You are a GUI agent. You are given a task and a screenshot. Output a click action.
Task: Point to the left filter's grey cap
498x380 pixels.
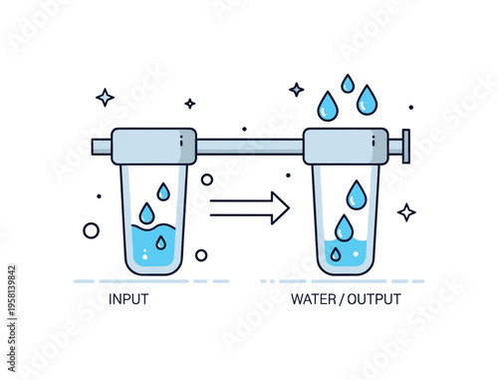153,147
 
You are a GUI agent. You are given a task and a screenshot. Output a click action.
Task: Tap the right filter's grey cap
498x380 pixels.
346,147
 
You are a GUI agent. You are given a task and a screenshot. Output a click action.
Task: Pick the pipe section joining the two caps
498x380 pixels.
249,148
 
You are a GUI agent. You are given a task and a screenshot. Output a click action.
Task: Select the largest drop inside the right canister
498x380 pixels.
356,193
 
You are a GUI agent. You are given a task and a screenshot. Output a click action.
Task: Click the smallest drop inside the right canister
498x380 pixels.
336,254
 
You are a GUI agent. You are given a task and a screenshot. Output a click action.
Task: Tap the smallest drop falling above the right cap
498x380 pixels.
348,83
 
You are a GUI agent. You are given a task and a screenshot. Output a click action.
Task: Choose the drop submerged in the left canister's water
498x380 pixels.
160,242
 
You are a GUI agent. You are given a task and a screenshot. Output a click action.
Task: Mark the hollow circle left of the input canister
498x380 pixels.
91,230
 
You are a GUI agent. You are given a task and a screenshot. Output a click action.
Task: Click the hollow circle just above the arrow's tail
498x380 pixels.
207,180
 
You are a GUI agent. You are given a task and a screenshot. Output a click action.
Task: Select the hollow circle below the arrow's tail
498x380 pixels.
201,255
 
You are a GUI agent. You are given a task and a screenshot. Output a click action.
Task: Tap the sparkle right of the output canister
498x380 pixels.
406,211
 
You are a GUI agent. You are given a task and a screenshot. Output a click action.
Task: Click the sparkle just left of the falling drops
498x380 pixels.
296,90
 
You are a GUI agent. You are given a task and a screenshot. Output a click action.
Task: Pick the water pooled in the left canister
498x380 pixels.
153,249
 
